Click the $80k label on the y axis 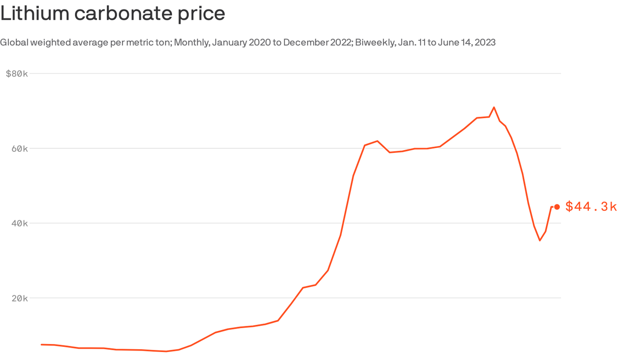click(17, 74)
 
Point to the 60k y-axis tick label click(20, 149)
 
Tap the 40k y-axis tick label click(20, 223)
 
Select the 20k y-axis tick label click(20, 298)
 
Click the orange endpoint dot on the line click(557, 207)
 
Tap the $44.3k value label click(591, 206)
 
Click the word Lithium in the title click(34, 13)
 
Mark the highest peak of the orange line click(494, 107)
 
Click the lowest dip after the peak click(540, 240)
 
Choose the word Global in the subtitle click(12, 43)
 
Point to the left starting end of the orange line click(42, 345)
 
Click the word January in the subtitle click(229, 43)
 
